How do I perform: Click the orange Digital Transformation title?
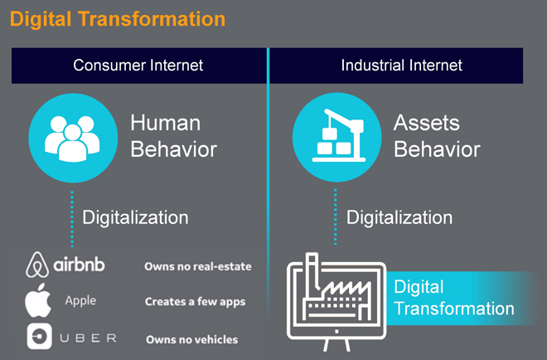118,19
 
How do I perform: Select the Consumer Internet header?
138,66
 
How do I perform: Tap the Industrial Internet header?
401,66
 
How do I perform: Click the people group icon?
73,139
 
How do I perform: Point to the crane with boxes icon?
339,135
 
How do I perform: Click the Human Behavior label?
174,136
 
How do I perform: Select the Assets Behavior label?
437,136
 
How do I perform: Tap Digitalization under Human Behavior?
135,217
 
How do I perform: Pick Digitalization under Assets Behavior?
399,217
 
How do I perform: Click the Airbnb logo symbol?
37,265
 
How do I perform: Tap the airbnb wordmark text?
79,265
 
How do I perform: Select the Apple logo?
38,300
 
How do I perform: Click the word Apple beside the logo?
80,300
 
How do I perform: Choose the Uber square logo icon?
40,337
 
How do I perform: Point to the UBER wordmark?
88,338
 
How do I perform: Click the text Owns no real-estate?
198,267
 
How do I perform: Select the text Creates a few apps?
195,302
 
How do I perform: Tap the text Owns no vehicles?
192,339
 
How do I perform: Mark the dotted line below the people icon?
72,219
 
